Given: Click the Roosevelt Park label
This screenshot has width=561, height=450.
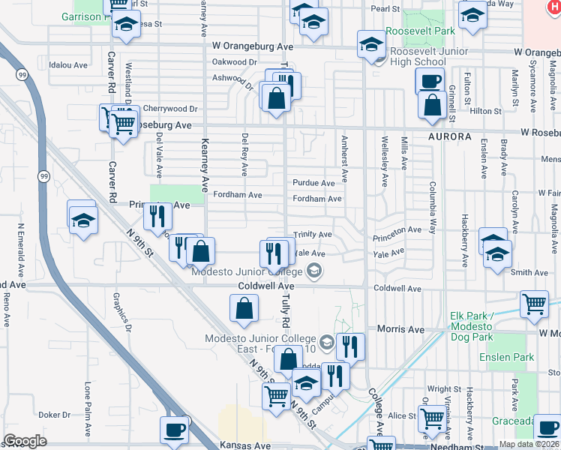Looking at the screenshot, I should [x=421, y=31].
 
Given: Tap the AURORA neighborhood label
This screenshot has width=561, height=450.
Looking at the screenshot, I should [x=450, y=137].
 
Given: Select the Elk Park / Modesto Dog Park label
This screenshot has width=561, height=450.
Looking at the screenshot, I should [x=481, y=322].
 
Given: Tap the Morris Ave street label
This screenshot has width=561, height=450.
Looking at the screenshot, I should [x=401, y=329].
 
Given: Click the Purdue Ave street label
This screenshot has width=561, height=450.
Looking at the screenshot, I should [x=313, y=183].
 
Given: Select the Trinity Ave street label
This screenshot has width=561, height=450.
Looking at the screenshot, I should [x=313, y=235].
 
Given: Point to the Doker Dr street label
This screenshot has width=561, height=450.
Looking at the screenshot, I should [x=54, y=414].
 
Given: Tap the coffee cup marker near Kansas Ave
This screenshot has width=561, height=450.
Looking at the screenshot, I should [x=174, y=430].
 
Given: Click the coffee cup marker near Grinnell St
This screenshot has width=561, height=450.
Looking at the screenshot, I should [x=430, y=81].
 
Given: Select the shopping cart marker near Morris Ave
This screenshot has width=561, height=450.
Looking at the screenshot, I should [x=534, y=304].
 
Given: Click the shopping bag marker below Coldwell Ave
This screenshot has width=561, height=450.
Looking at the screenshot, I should [x=244, y=307].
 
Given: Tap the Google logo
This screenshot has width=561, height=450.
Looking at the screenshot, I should [x=25, y=441].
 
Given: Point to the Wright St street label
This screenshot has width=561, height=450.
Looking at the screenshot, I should [x=445, y=389].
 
